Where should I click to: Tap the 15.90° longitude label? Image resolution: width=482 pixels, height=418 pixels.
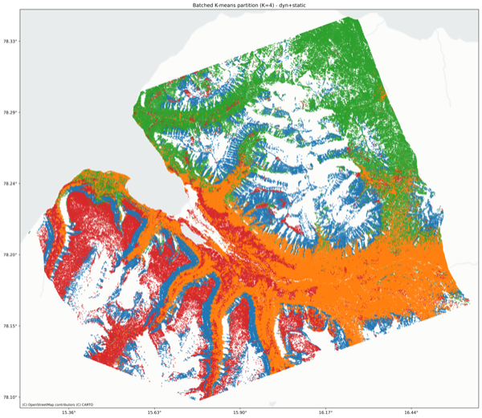coord(240,413)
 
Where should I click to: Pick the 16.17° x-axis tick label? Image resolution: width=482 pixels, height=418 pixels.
coord(325,413)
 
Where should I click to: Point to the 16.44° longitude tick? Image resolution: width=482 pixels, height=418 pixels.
coord(411,413)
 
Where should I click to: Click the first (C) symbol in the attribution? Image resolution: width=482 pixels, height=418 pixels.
coord(25,404)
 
